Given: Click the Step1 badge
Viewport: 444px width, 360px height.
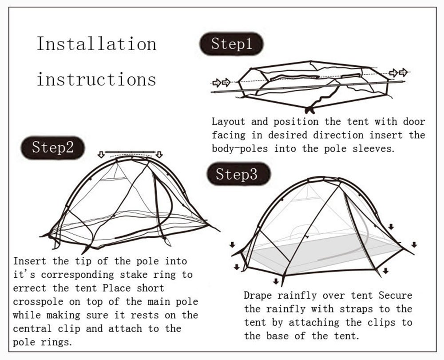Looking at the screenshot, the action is click(231, 44).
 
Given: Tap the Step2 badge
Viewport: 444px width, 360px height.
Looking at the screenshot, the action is click(52, 148).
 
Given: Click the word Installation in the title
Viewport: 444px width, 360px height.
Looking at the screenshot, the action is click(96, 44).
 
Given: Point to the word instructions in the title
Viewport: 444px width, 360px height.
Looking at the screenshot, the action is click(96, 80).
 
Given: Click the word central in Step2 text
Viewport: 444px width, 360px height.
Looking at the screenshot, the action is click(36, 328).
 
